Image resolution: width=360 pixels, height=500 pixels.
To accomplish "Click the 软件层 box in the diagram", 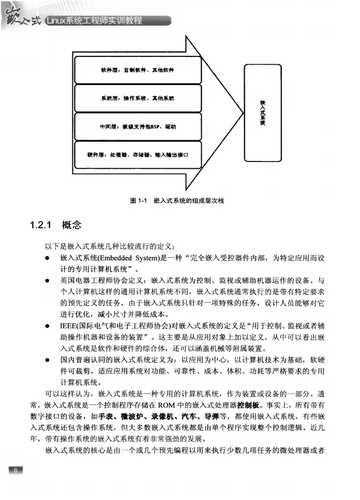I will pyautogui.click(x=137, y=70).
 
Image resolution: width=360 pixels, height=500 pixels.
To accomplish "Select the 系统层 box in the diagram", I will pyautogui.click(x=137, y=98).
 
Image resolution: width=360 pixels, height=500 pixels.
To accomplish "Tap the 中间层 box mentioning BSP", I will pyautogui.click(x=137, y=126).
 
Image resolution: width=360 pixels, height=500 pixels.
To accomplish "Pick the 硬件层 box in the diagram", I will pyautogui.click(x=137, y=154).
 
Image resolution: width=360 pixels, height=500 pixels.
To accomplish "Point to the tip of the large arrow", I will pyautogui.click(x=239, y=113).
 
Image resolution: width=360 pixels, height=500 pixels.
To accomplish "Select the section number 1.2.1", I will pyautogui.click(x=43, y=225).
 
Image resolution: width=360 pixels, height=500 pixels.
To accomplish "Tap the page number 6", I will pyautogui.click(x=16, y=470).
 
